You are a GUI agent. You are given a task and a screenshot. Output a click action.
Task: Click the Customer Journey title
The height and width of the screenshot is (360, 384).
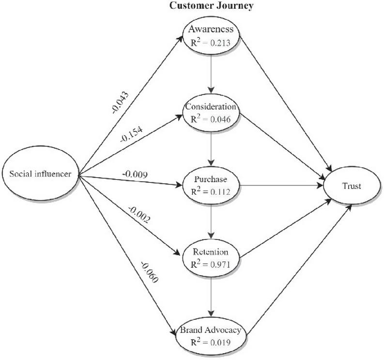pos(211,5)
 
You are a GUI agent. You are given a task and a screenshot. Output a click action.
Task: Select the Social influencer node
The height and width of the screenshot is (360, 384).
pos(40,174)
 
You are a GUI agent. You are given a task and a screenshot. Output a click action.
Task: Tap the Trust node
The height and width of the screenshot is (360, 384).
pos(352,186)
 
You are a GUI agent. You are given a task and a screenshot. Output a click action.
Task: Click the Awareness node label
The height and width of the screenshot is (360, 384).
pos(211,29)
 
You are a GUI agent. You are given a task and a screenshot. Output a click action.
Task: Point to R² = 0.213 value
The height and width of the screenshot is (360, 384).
pos(211,43)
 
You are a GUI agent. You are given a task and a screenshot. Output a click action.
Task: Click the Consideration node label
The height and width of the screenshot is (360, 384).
pos(211,107)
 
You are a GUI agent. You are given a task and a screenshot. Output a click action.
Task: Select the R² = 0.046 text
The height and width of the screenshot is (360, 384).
pos(211,119)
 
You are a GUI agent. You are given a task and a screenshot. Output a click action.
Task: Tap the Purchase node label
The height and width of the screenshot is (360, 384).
pos(211,179)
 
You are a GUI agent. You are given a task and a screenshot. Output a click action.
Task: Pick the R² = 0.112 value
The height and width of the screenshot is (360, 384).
pos(211,191)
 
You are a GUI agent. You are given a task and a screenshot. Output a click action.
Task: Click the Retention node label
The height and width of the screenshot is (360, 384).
pos(211,251)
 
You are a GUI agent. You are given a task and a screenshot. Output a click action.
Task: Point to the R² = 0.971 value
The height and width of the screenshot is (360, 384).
pos(211,265)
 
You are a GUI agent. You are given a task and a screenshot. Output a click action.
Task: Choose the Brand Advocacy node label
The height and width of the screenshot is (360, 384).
pos(211,330)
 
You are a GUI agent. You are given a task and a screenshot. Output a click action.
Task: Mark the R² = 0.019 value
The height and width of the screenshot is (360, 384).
pos(211,342)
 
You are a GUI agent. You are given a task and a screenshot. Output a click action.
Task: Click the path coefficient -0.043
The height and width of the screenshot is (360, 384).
pos(120,102)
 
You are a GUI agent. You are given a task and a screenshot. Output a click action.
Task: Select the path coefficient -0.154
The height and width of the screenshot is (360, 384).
pos(131,135)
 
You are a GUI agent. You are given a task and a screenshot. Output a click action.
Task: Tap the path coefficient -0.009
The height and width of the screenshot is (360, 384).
pos(135,174)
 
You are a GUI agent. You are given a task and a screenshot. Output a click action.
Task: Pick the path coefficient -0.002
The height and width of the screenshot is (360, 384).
pos(138,215)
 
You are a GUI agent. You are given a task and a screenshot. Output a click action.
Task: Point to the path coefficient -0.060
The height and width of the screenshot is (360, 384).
pos(149,272)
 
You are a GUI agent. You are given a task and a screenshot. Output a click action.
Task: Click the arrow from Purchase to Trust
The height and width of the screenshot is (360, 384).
pos(282,185)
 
